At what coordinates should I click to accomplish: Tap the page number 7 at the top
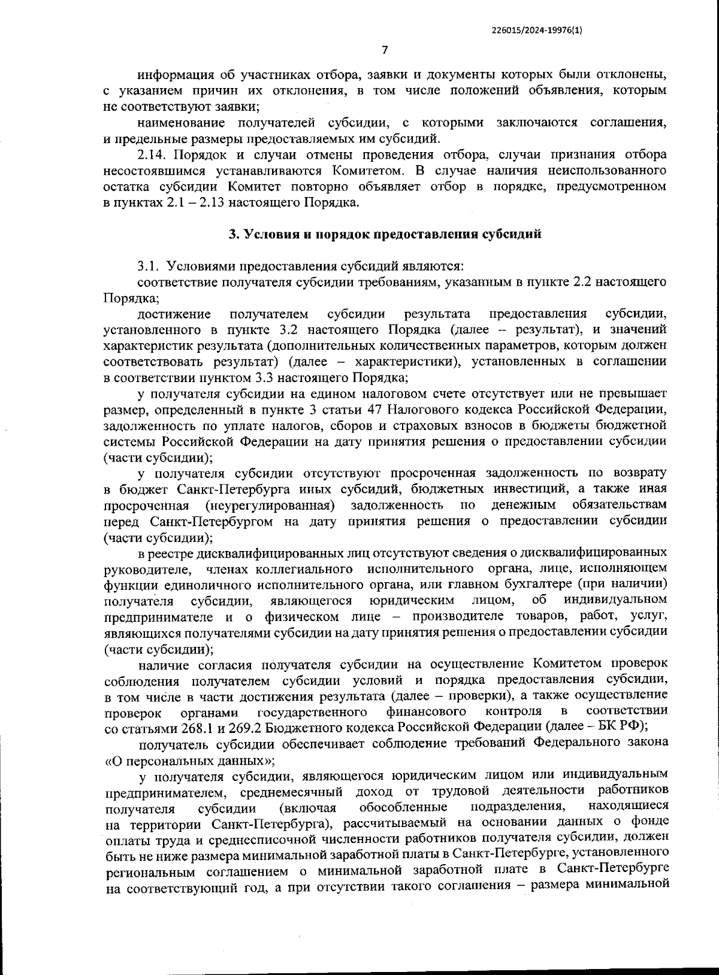pos(385,50)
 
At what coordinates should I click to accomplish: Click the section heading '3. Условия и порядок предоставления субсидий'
pos(385,234)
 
